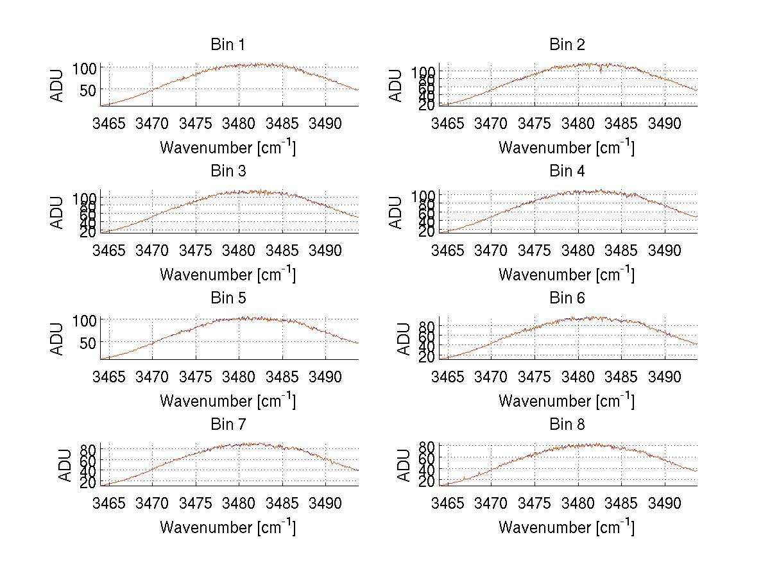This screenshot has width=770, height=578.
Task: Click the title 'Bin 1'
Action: point(228,45)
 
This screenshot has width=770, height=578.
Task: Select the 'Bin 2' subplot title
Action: point(567,45)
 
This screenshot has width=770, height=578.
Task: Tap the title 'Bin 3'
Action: point(228,171)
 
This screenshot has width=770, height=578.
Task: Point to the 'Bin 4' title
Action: point(567,171)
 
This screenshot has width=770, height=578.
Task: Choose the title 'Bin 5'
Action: point(228,298)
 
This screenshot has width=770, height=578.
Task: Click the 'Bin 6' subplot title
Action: point(567,298)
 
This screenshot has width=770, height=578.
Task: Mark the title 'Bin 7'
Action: point(228,425)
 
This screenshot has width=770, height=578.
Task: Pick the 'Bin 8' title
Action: point(567,425)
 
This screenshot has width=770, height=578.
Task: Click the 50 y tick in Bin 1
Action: point(89,90)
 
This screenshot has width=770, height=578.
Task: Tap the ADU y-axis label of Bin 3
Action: point(57,212)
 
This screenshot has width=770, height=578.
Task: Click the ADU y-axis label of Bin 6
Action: point(403,339)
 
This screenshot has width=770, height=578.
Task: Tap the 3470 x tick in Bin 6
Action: point(491,376)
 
